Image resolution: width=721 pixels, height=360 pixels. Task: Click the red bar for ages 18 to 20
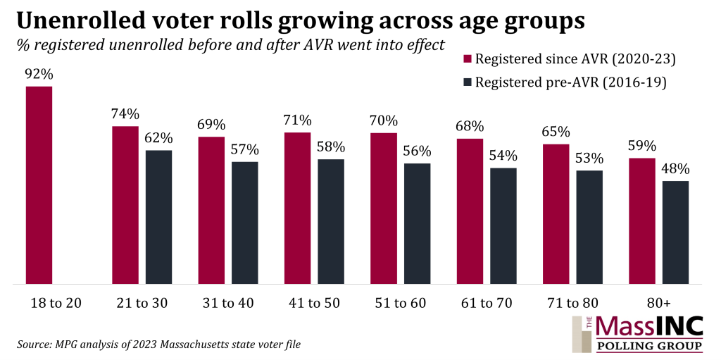click(39, 185)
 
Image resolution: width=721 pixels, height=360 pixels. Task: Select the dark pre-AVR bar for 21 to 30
click(158, 217)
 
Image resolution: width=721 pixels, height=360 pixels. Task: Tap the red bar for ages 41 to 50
click(297, 208)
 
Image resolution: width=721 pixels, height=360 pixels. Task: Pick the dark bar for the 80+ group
click(675, 232)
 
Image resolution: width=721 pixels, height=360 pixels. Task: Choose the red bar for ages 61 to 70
click(470, 211)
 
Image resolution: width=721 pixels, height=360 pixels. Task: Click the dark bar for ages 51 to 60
click(417, 223)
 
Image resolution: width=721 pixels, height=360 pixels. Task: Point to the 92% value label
click(39, 74)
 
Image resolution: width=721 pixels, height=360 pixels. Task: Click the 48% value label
click(675, 169)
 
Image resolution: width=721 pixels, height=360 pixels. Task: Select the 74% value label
click(125, 114)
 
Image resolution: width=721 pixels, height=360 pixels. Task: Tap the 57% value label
click(245, 149)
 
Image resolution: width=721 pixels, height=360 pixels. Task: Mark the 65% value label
click(556, 132)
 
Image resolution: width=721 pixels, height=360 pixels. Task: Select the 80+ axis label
click(658, 302)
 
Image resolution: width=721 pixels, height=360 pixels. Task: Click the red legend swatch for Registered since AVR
click(467, 58)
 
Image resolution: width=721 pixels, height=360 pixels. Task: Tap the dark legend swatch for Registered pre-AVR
click(467, 82)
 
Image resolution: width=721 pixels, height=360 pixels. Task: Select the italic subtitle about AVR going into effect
click(230, 45)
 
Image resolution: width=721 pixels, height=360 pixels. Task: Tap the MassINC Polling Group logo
click(638, 334)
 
